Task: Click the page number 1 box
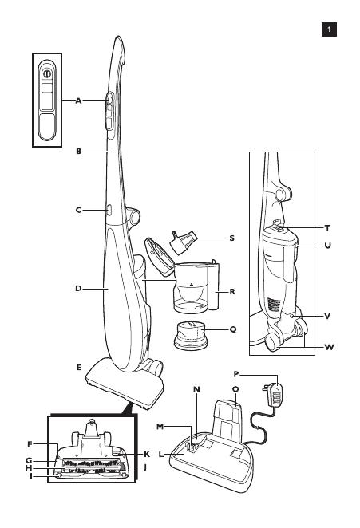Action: click(x=329, y=30)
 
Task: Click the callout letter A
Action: click(x=78, y=100)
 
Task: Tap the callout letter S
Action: click(x=231, y=238)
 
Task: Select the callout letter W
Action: click(x=329, y=347)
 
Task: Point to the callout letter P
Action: click(x=236, y=374)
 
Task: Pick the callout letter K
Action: click(x=147, y=455)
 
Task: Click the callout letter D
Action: click(x=78, y=289)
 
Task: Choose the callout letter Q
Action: click(x=233, y=329)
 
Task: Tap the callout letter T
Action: click(x=327, y=228)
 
